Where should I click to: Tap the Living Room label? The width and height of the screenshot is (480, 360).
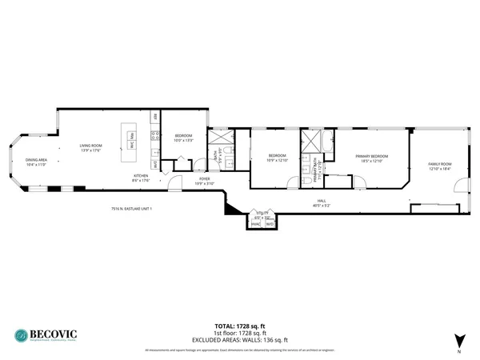90,147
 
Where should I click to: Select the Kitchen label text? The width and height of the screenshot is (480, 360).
141,178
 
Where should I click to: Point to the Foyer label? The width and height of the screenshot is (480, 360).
182,182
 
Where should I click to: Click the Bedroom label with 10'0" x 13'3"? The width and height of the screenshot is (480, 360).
183,138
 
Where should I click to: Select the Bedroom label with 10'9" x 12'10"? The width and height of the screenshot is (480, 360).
277,157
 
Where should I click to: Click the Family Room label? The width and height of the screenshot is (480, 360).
440,166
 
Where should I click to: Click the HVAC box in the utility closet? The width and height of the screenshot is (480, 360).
257,223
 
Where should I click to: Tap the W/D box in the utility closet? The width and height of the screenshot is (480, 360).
270,223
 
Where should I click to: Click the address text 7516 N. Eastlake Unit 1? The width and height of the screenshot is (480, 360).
132,209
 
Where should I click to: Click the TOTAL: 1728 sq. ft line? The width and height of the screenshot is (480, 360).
239,326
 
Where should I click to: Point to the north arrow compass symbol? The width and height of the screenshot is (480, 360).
458,339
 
